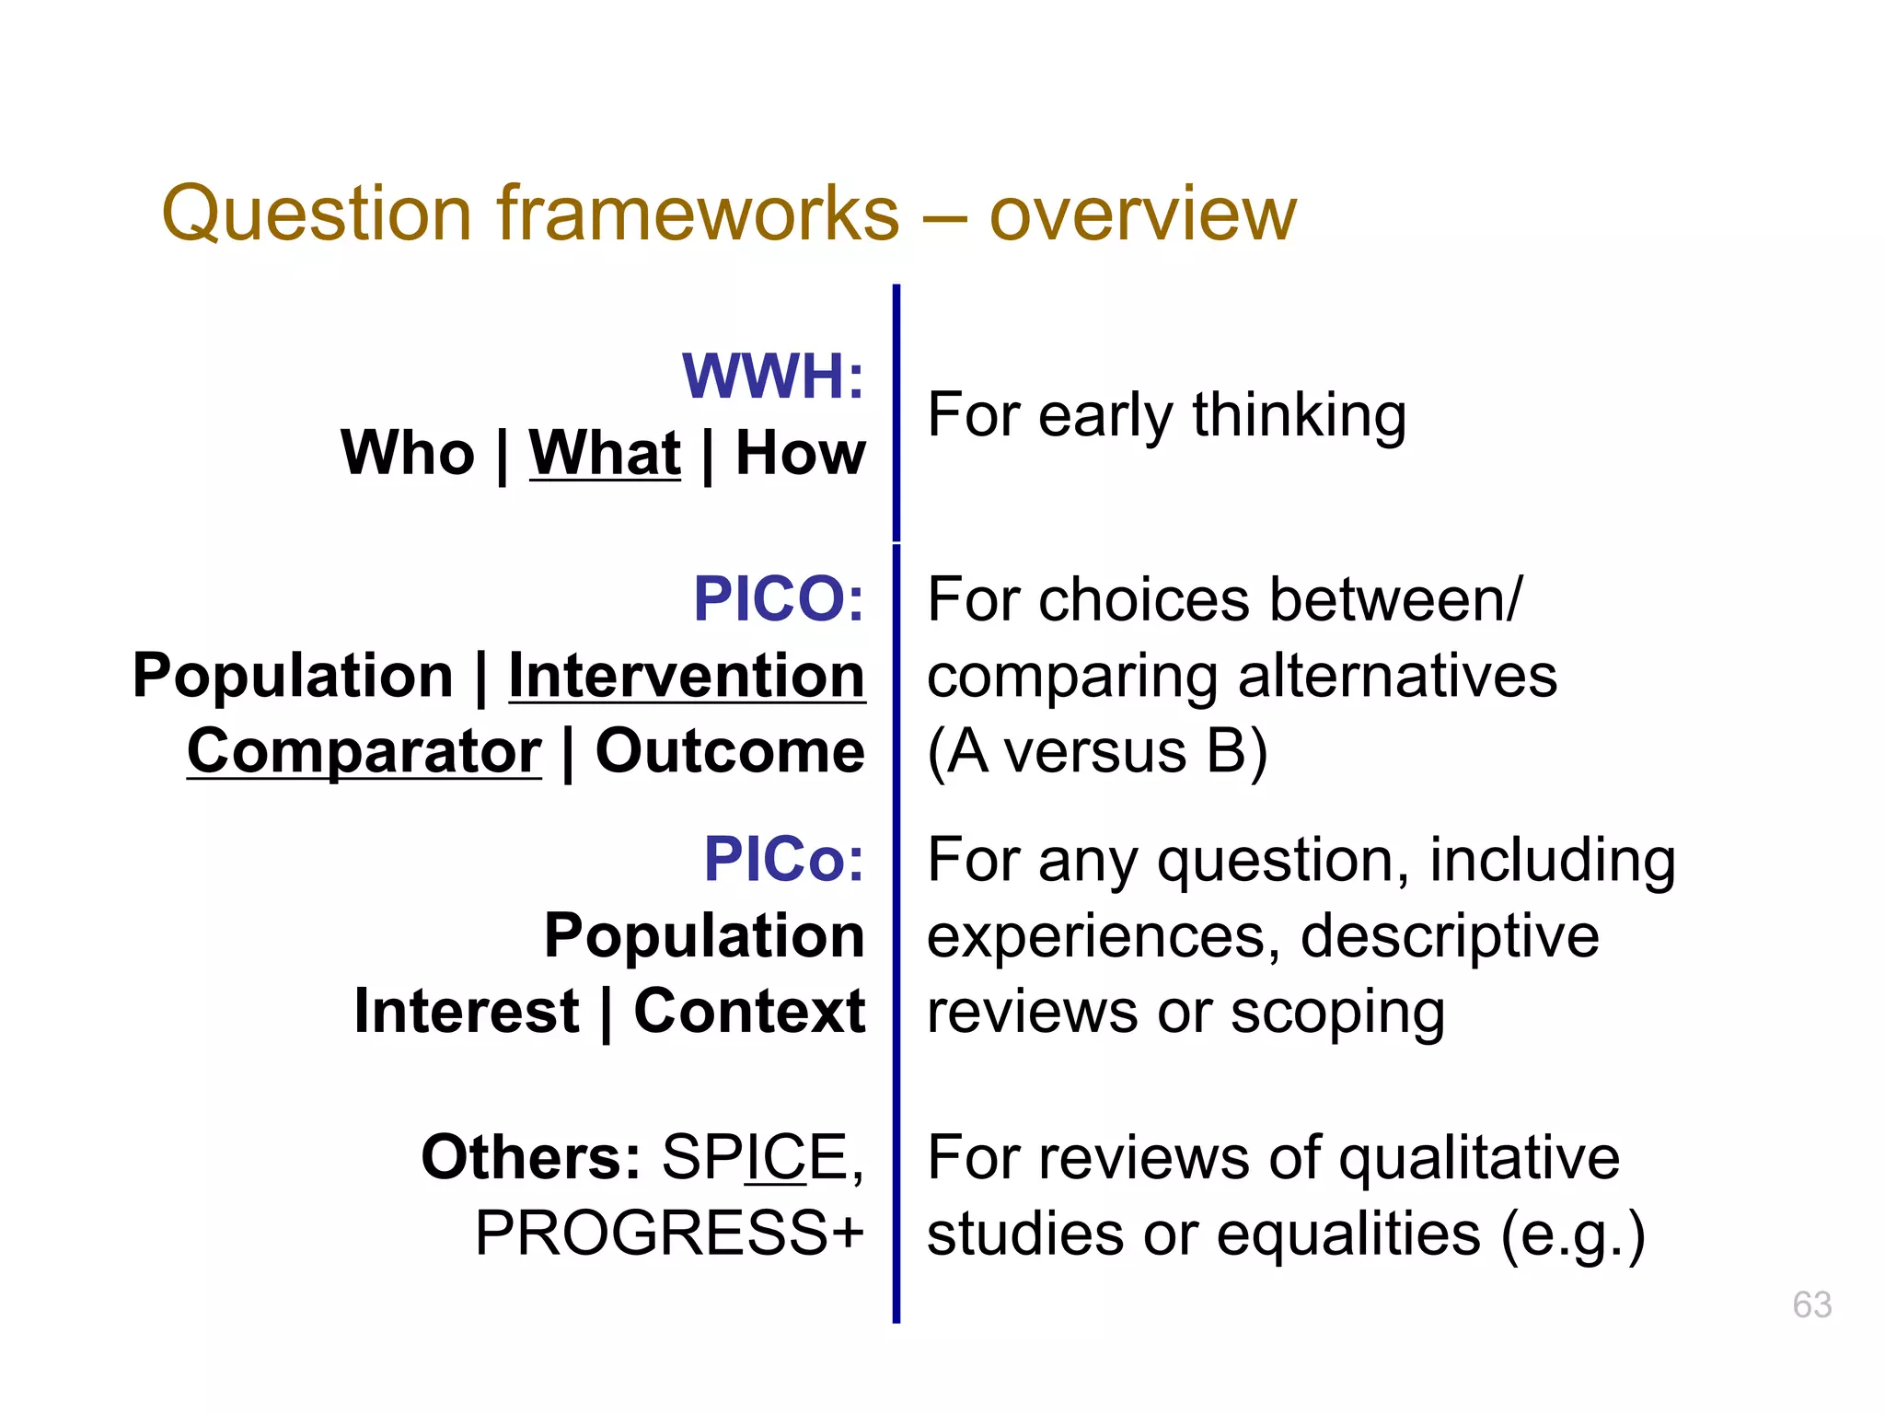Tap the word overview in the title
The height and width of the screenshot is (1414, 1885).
1142,214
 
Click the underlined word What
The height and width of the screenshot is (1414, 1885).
605,453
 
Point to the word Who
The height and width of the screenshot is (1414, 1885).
408,453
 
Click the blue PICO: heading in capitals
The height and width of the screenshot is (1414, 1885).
779,599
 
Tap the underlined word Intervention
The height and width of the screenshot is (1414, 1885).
687,676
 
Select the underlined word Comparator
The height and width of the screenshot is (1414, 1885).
364,751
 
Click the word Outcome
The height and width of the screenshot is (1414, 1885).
730,751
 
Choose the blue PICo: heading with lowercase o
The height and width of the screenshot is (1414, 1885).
784,860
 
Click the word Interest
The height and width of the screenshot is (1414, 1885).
467,1011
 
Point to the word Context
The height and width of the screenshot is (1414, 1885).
749,1011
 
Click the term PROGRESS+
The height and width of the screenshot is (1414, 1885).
669,1234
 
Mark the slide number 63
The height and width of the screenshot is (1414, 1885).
1811,1305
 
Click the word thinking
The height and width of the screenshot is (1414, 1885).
1299,415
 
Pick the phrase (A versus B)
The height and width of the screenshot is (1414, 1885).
1097,751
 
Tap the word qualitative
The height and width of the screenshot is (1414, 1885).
1479,1157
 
